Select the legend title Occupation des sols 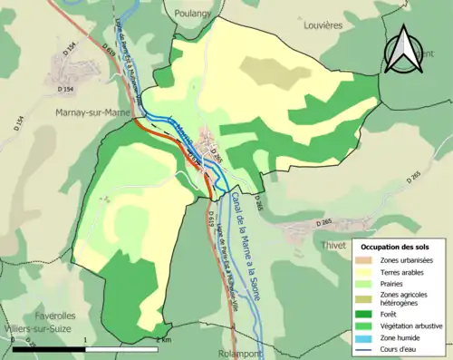(x=395, y=247)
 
